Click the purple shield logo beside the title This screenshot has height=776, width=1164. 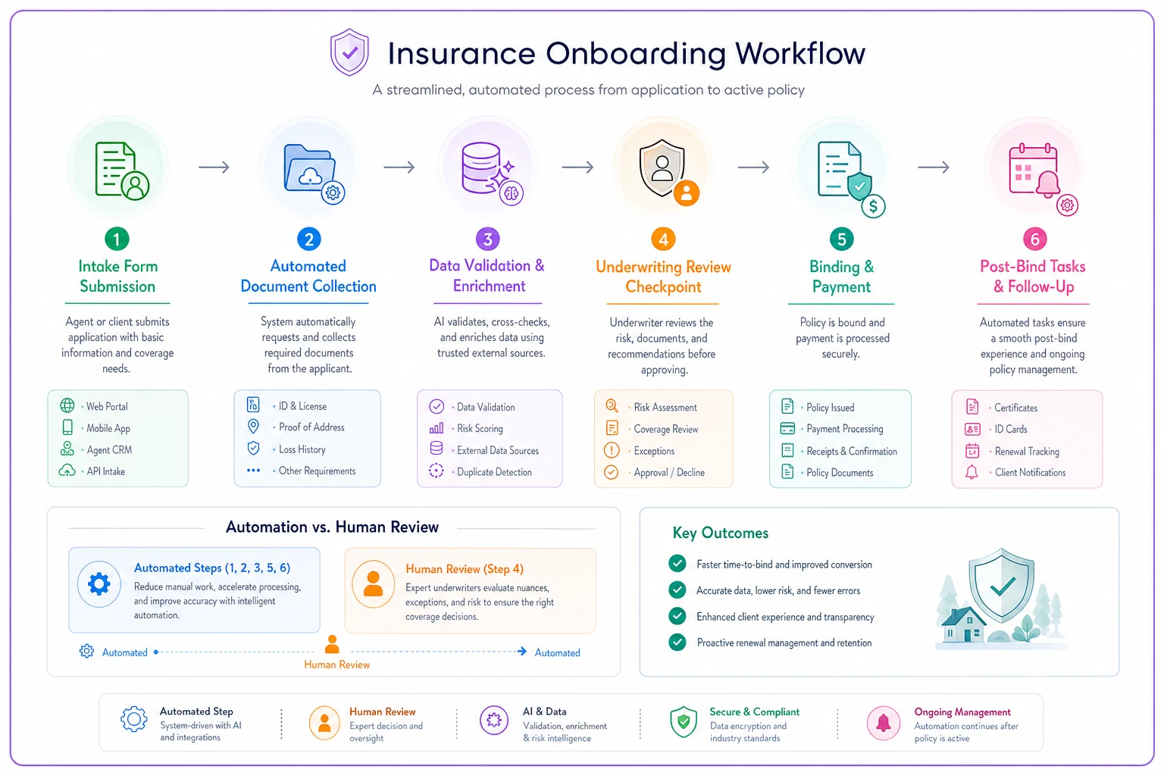(349, 52)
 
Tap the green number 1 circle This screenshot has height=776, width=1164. (117, 239)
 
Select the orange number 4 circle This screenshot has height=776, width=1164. (664, 239)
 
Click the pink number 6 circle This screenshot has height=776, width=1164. (1034, 239)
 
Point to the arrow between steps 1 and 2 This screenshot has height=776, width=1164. (214, 167)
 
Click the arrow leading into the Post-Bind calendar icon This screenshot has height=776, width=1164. (934, 167)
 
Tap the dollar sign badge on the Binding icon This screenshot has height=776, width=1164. (874, 206)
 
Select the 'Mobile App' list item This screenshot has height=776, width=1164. (108, 428)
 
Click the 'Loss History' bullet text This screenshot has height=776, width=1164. (302, 449)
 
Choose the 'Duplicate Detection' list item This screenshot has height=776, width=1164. (494, 472)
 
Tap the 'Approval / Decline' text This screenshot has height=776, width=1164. (669, 472)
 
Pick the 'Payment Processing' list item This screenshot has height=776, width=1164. (844, 429)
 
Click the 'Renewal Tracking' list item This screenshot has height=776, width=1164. (1027, 451)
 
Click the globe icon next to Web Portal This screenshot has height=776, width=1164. (67, 405)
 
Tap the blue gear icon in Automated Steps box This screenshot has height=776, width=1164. (99, 584)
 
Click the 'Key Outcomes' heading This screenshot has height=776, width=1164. (720, 533)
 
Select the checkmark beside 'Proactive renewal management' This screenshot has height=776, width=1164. (677, 642)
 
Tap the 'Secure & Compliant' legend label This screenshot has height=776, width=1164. (755, 712)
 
